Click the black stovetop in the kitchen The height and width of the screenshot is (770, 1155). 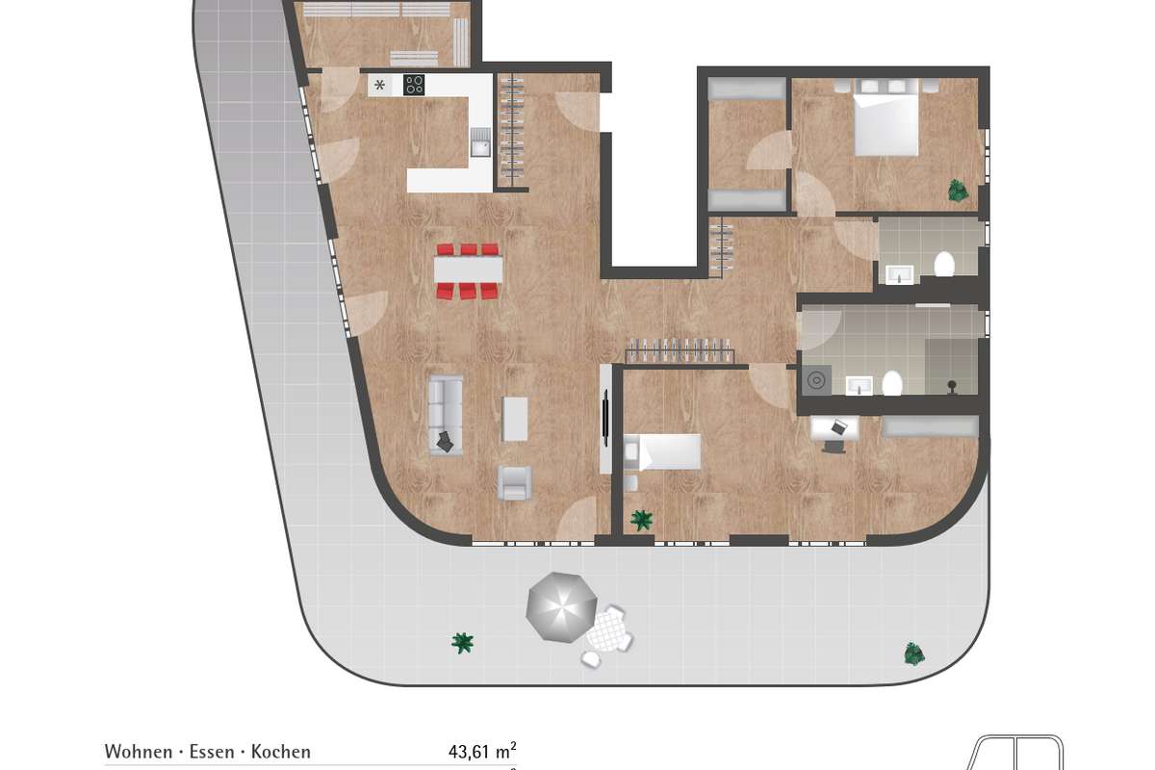coord(414,85)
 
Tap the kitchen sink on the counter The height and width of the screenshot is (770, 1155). coord(480,142)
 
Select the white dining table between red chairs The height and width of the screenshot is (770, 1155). coord(468,269)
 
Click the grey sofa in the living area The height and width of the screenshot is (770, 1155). coord(446,415)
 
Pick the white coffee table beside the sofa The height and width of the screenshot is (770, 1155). coord(515,419)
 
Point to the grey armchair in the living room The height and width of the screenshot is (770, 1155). coord(514,483)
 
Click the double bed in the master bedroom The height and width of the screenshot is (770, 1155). coord(885,117)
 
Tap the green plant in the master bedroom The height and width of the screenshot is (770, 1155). coord(958,191)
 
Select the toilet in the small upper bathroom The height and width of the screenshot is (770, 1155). coord(944,264)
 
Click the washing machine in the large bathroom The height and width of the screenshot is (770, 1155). coord(816,381)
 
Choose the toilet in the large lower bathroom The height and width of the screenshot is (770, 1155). coord(891,384)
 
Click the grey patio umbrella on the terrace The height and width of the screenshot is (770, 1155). coord(561,607)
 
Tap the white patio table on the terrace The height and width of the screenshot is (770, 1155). coord(609,631)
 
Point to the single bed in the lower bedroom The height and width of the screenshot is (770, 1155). coord(662,452)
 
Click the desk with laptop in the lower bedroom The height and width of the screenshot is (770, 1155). coord(834,428)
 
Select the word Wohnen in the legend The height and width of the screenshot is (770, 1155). coord(139,752)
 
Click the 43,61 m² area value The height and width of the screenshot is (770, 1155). coord(482,751)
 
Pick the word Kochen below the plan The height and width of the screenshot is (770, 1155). coord(281,752)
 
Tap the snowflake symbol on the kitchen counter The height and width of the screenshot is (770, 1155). coord(379,85)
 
